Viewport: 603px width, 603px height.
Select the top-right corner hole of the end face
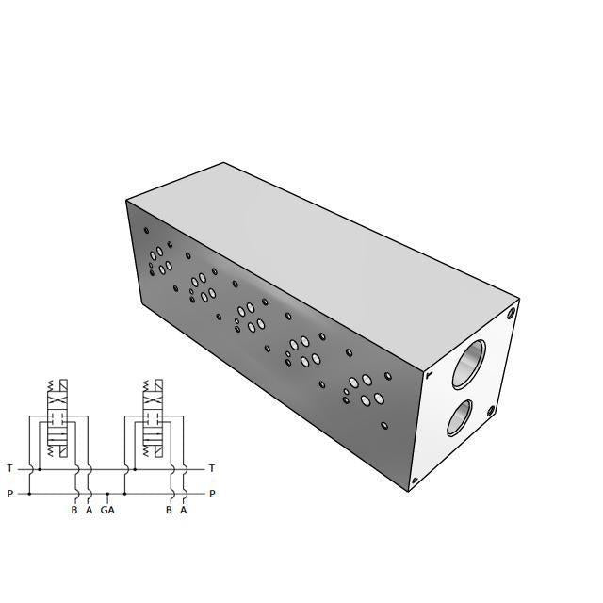pos(512,313)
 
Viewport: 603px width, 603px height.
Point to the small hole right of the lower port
pos(490,410)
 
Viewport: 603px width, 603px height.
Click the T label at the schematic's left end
pos(9,468)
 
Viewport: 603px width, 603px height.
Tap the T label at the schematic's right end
pos(212,468)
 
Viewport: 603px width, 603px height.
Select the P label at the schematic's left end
pos(9,493)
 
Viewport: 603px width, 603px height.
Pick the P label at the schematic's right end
pos(212,493)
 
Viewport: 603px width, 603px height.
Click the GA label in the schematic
pos(107,511)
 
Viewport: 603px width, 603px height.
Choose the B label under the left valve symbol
pos(74,511)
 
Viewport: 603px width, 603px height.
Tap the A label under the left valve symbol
pos(89,511)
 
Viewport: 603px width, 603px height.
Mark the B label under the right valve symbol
pos(169,511)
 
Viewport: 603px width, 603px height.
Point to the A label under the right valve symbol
pos(183,511)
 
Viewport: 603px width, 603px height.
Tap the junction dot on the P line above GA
pos(107,493)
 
